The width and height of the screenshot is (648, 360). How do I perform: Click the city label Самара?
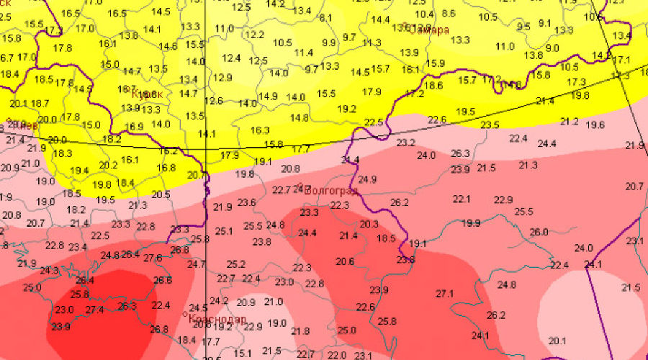click(x=429, y=30)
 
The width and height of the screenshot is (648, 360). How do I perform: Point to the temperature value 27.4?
click(x=95, y=310)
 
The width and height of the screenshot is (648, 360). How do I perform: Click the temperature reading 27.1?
click(x=445, y=294)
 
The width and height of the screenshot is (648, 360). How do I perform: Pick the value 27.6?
click(x=153, y=258)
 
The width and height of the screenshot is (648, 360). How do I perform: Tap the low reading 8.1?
click(x=325, y=18)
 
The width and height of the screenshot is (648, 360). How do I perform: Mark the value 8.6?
click(x=449, y=14)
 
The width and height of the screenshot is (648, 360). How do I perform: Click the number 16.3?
click(x=260, y=130)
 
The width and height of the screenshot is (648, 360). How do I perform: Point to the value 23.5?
click(x=490, y=125)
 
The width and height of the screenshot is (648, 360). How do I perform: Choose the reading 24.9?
click(x=367, y=179)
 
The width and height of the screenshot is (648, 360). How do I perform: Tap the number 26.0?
click(x=539, y=232)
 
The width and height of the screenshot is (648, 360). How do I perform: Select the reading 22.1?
click(x=462, y=199)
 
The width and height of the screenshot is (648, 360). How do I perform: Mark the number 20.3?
click(x=369, y=224)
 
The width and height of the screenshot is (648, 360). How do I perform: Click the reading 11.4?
click(x=303, y=53)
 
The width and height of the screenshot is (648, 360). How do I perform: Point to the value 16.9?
click(x=135, y=127)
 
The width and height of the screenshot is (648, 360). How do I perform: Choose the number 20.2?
click(x=108, y=165)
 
